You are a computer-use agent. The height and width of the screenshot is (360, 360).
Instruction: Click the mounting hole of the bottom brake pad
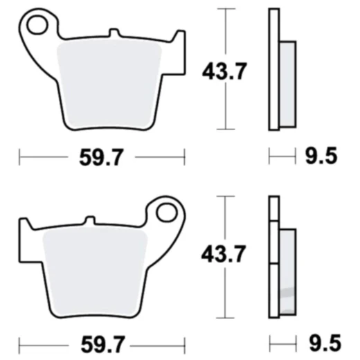click(x=166, y=213)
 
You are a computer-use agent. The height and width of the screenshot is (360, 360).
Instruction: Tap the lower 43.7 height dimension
click(x=223, y=256)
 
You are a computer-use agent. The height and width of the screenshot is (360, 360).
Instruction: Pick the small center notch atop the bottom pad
click(x=89, y=221)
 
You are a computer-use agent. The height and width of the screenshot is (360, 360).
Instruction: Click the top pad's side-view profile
click(x=274, y=69)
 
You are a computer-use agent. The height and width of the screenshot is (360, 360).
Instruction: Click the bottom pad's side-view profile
click(x=274, y=256)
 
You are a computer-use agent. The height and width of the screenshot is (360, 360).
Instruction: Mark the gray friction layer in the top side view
click(x=287, y=83)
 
